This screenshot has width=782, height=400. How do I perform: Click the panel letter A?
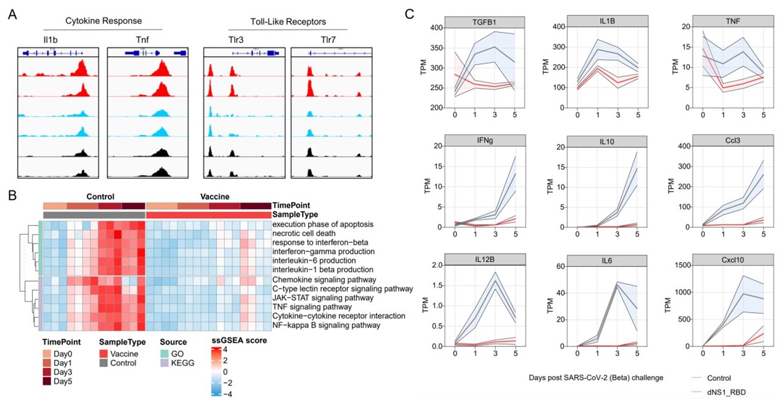(12, 14)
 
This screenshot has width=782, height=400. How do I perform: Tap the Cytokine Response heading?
(102, 22)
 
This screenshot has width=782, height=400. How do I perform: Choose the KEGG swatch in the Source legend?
(164, 364)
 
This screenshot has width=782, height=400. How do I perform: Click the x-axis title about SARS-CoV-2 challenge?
(595, 377)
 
